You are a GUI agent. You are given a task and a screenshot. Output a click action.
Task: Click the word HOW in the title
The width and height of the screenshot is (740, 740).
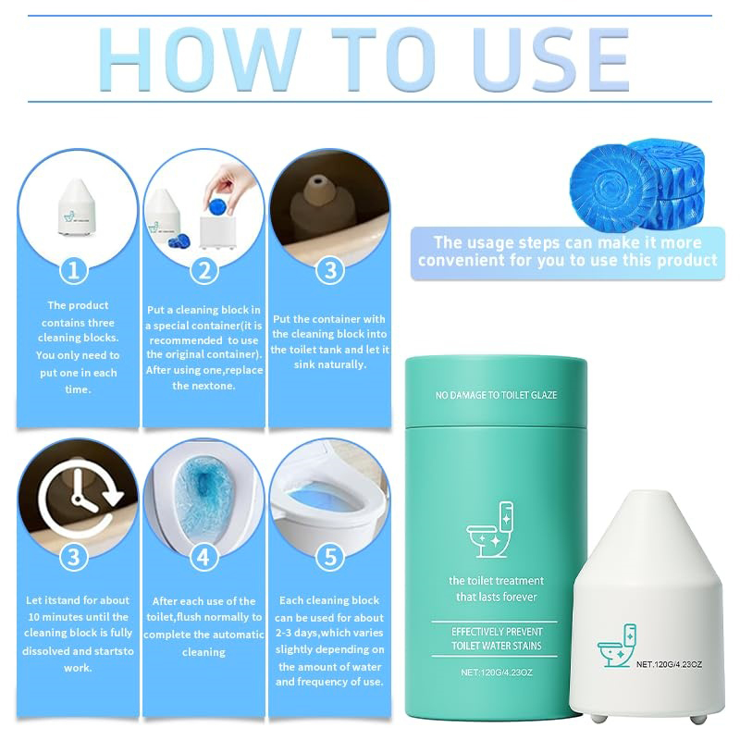point(201,59)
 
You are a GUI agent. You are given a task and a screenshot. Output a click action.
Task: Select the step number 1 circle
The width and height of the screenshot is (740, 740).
point(74,271)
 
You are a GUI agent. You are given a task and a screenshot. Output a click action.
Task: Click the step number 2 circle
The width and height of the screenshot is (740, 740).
point(203,271)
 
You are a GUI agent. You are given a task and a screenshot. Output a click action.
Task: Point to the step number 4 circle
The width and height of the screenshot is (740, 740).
point(203,558)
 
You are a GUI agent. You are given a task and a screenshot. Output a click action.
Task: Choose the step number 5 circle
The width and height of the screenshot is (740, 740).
point(330,557)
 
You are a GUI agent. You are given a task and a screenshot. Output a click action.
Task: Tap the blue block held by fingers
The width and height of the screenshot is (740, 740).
point(217,206)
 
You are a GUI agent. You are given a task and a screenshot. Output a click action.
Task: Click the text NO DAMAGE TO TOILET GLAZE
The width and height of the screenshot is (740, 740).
point(496,395)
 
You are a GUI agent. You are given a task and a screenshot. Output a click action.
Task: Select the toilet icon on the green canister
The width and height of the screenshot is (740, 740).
point(490,529)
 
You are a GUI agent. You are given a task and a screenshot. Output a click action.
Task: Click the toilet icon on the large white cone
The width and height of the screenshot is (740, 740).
point(617,645)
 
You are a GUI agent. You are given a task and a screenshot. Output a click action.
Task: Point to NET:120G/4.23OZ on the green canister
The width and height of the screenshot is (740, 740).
point(497,672)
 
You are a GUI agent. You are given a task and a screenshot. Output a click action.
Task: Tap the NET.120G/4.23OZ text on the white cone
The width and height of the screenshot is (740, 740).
point(669,664)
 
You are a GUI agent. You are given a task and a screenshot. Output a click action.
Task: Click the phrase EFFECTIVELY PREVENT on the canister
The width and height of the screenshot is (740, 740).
point(497,632)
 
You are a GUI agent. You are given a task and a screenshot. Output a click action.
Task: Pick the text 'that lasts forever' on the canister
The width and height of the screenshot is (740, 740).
point(497,597)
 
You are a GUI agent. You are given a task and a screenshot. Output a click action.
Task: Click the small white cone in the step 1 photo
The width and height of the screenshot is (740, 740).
point(77,206)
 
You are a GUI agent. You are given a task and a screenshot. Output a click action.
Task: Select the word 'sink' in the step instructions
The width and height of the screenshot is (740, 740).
point(305,364)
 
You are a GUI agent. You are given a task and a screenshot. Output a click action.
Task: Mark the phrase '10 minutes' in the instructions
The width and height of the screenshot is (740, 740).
point(53,617)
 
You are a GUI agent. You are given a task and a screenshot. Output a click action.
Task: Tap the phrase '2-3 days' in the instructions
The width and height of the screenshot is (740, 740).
point(297,633)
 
